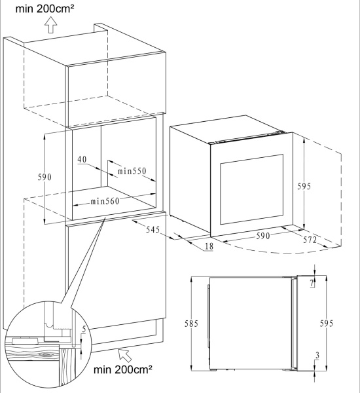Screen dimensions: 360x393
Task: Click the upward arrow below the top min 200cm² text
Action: (51, 25)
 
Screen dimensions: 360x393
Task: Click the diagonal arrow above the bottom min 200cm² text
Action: (125, 355)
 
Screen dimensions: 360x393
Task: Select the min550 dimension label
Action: (132, 171)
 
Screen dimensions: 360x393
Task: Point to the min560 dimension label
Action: (105, 201)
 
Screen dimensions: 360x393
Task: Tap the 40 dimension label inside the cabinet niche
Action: (82, 159)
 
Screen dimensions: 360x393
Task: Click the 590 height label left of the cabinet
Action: (45, 177)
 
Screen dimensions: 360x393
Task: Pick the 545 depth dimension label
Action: (153, 230)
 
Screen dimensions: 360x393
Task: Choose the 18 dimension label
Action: (209, 246)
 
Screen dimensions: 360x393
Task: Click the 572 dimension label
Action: (310, 240)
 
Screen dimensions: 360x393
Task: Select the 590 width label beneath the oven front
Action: (262, 236)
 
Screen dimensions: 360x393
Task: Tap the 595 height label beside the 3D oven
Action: (304, 186)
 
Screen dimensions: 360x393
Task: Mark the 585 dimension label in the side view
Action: (191, 324)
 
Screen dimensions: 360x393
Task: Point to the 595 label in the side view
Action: (327, 324)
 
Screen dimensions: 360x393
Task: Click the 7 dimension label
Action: (312, 283)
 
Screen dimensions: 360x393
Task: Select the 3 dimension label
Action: (317, 355)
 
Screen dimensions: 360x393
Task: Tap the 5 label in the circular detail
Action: (84, 329)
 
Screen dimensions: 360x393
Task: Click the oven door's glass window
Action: (251, 189)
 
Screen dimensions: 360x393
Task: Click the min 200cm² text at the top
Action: (45, 9)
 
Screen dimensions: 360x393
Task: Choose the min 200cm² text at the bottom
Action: (123, 369)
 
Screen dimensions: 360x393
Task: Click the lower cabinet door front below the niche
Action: (116, 271)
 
